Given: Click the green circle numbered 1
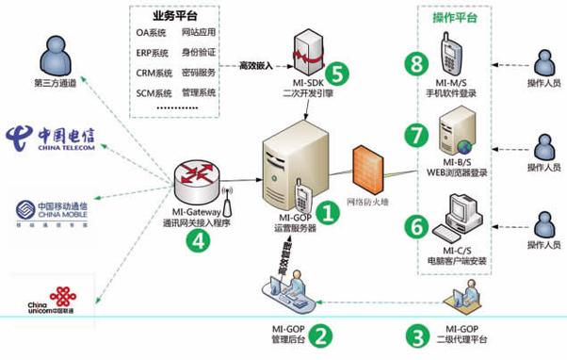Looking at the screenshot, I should pyautogui.click(x=327, y=213).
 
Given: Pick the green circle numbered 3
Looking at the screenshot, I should pyautogui.click(x=415, y=334).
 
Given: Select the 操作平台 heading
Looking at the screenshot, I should pyautogui.click(x=456, y=18).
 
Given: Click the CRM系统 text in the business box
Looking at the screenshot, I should pyautogui.click(x=154, y=73).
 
